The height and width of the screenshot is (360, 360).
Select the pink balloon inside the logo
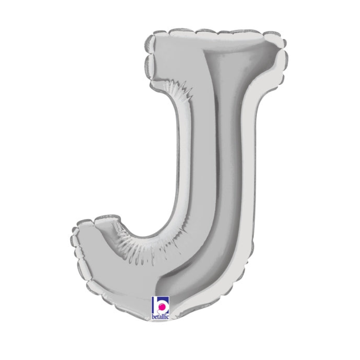coord(162,306)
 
